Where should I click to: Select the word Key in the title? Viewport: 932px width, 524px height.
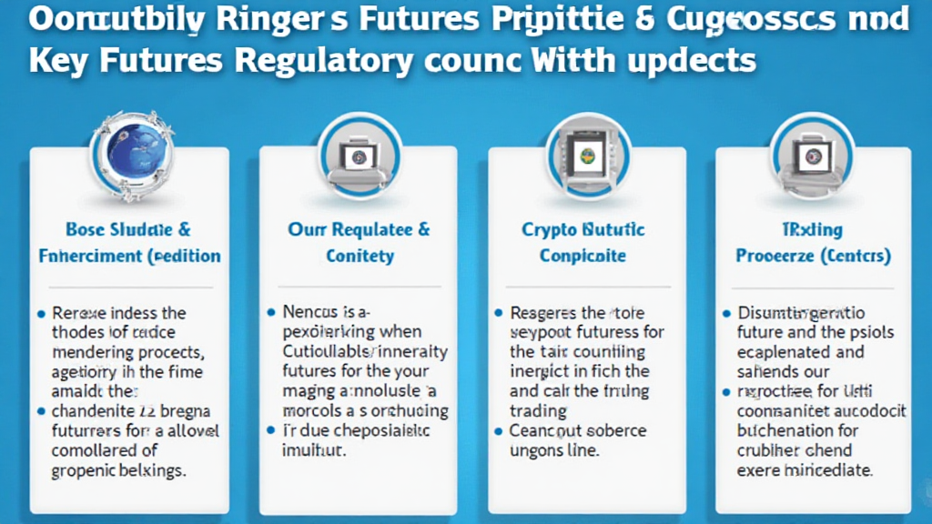(x=57, y=61)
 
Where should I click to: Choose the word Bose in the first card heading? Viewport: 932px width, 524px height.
(x=88, y=230)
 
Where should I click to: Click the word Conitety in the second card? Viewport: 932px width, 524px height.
(x=360, y=257)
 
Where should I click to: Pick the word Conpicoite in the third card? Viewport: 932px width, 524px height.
(x=582, y=257)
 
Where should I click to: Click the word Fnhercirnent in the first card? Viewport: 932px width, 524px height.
(x=89, y=257)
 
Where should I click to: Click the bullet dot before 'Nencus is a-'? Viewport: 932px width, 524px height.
(x=270, y=311)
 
